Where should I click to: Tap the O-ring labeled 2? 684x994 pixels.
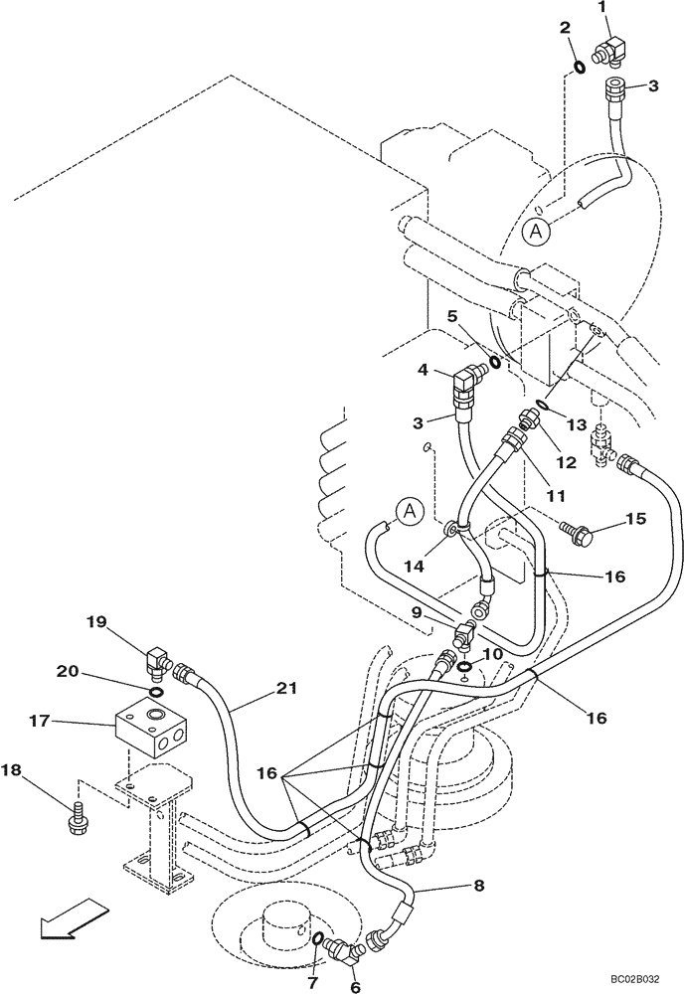[x=578, y=67]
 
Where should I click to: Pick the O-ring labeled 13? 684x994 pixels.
[x=541, y=404]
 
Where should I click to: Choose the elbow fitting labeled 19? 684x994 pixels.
[x=158, y=660]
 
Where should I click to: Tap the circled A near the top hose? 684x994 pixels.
[x=536, y=232]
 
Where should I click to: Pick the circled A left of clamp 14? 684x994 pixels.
[x=407, y=512]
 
